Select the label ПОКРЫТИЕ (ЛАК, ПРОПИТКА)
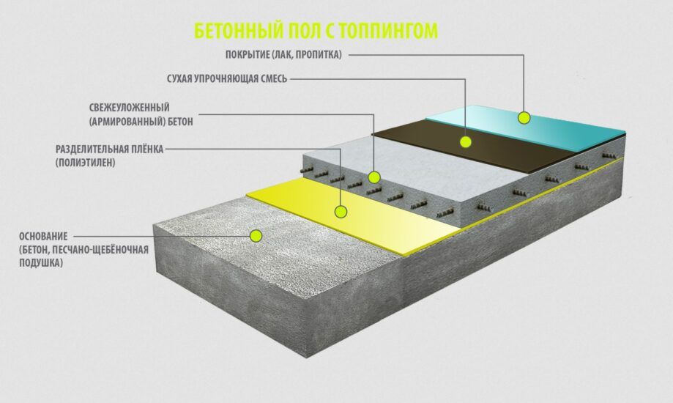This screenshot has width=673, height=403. point(283,54)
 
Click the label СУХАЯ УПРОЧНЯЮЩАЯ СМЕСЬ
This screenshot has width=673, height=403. point(227,79)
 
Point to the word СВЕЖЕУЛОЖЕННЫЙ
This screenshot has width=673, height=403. point(129,108)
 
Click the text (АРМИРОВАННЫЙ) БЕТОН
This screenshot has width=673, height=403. point(141,122)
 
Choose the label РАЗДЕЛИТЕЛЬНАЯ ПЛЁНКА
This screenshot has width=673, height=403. point(109,149)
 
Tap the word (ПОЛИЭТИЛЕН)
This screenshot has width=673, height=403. point(86,163)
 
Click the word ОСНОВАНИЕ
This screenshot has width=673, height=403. point(43,236)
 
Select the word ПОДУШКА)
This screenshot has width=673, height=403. point(41,263)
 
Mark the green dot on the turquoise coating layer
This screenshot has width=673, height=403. point(524,118)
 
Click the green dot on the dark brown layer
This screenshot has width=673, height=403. point(465,141)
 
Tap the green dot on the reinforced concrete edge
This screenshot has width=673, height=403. point(374,177)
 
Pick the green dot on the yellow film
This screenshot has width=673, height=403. point(341,211)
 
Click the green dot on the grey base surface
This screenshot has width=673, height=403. point(256,235)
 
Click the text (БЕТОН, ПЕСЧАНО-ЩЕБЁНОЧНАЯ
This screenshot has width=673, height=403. point(83,250)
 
